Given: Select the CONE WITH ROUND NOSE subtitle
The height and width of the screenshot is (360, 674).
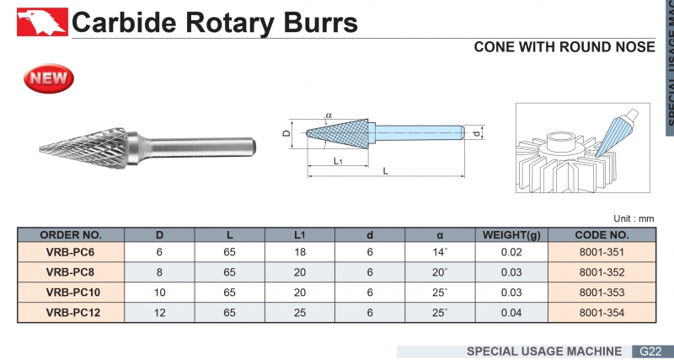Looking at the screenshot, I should tap(564, 47).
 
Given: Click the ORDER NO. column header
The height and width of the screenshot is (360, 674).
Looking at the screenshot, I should tap(71, 234).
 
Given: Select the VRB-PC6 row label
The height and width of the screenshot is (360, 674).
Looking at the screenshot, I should tap(71, 250).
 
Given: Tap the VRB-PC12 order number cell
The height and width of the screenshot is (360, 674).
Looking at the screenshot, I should tap(71, 312).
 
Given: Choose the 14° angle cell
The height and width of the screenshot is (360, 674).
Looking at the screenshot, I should tap(440, 250).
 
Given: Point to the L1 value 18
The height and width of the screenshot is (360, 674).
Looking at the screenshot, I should tap(300, 250).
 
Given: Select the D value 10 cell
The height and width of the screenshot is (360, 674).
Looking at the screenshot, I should tap(160, 292).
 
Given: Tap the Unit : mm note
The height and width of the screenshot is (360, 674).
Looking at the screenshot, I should tap(634, 218).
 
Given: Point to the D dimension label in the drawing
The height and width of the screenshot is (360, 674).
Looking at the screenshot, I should tap(286, 133).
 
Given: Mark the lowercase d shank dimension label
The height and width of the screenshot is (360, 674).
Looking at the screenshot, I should tap(477, 133).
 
